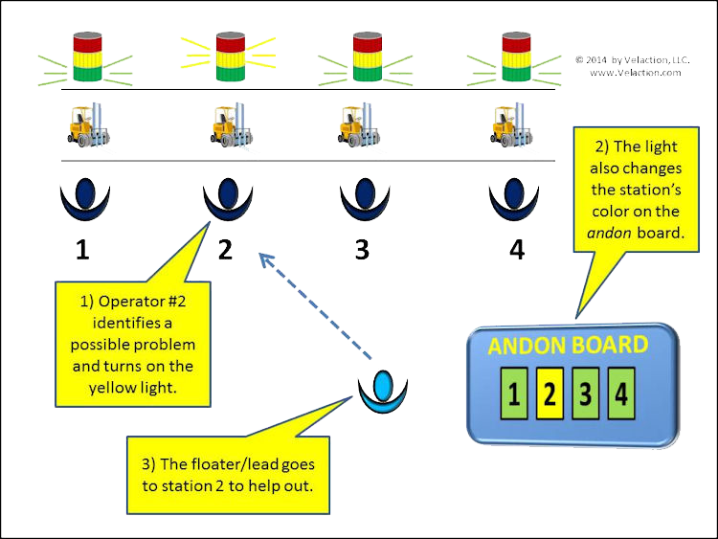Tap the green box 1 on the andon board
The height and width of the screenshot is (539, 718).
point(513,393)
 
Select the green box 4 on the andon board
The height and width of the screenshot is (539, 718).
point(621,393)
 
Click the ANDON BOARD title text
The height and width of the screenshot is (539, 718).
point(568,346)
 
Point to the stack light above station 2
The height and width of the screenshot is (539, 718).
point(230,56)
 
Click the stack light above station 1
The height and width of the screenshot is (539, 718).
point(87,56)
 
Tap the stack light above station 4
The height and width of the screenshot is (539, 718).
point(516,56)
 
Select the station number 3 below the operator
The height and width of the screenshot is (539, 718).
point(362,250)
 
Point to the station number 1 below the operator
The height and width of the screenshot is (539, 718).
point(83,250)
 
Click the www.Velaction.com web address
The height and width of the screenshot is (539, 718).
point(636,73)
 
